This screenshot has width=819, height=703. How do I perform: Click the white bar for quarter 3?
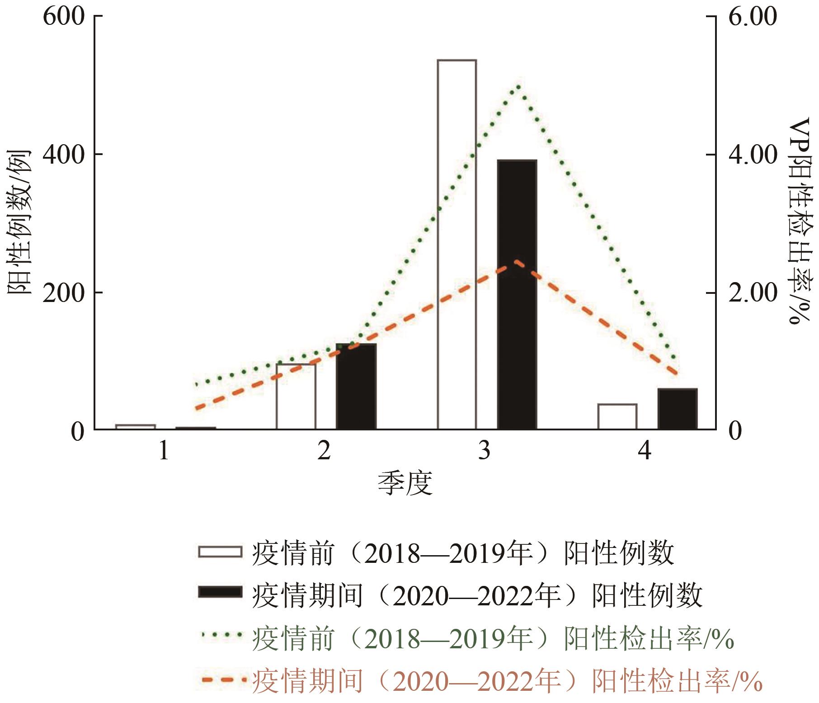pos(457,244)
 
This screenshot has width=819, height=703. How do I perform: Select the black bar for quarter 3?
pos(517,294)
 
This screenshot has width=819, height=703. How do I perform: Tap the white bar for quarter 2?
pos(296,396)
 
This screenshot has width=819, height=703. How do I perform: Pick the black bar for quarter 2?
pos(356,386)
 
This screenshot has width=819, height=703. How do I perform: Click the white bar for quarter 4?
pos(617,416)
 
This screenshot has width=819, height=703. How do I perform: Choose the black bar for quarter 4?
pos(678,409)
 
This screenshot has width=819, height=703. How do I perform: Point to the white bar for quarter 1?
pos(136,426)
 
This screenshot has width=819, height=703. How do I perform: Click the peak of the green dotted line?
pos(518,86)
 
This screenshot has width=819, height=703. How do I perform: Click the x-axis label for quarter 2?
pos(324,450)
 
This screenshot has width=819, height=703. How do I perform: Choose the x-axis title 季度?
pos(405,483)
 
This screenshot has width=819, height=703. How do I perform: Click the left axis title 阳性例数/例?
pos(19,222)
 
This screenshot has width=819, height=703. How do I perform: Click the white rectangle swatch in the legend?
pos(220,552)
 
